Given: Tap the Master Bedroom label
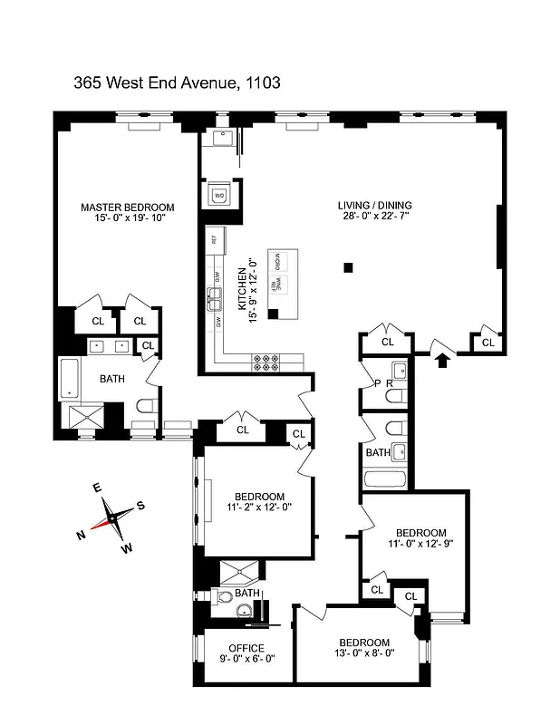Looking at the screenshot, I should [127, 207].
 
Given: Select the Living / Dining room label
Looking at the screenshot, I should [374, 206].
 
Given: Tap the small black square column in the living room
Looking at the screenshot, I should [348, 267].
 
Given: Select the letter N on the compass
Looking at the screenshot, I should [81, 535].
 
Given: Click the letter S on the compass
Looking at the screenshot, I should [140, 506].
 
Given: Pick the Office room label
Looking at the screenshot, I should [246, 648].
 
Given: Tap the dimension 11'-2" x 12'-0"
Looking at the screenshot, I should [260, 508].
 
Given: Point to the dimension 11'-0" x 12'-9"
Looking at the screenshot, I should [420, 545].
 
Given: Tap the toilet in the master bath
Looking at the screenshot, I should [147, 405].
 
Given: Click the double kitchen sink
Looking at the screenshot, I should [216, 295].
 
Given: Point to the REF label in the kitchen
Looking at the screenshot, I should [214, 240].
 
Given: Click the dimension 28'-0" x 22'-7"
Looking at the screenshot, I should [374, 217].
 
